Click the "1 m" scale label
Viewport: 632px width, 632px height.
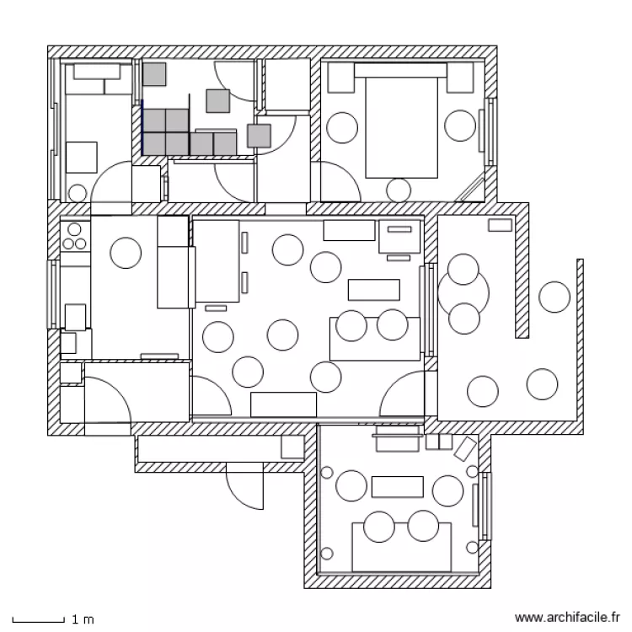pos(83,619)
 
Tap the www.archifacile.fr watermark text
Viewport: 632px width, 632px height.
pos(567,617)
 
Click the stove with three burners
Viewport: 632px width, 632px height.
pos(74,236)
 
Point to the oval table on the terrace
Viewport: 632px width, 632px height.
pos(463,294)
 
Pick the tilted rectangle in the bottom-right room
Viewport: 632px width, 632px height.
pos(465,448)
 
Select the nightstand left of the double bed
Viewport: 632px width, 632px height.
pos(341,78)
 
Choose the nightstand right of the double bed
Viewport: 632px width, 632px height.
pos(460,78)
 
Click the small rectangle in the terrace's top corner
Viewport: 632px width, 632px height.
pos(501,225)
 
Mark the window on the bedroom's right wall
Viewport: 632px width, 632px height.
pos(488,131)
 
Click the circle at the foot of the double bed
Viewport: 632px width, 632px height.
pos(399,190)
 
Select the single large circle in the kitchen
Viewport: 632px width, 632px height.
pos(126,253)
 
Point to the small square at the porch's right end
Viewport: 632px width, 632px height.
pos(292,447)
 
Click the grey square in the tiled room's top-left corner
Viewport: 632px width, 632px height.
pos(154,74)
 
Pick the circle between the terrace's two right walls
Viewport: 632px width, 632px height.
pos(554,297)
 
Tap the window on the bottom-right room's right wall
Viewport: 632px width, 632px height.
pos(484,506)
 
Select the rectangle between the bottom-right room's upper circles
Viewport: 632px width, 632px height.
pos(398,487)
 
